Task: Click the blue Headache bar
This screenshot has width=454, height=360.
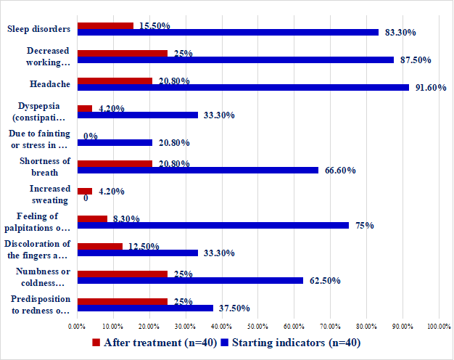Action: coord(243,87)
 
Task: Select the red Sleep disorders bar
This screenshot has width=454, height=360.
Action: coord(105,25)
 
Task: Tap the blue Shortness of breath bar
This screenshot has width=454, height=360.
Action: coord(197,170)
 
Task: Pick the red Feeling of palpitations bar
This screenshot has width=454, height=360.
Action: coord(92,218)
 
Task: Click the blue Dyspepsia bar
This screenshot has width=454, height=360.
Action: coord(137,115)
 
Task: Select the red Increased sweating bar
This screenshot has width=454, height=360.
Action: coord(85,191)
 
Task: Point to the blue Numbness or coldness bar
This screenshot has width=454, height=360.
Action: coord(190,280)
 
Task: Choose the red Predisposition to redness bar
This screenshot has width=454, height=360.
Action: coord(122,301)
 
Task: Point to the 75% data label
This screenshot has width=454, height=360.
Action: coord(365,226)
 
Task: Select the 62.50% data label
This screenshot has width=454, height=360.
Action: coord(324,281)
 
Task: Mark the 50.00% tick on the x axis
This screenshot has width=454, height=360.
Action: coord(257,325)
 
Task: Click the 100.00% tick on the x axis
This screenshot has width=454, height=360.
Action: coord(438,325)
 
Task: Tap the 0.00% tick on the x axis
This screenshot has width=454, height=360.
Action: coord(77,325)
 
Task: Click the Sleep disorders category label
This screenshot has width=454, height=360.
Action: coord(38,29)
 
